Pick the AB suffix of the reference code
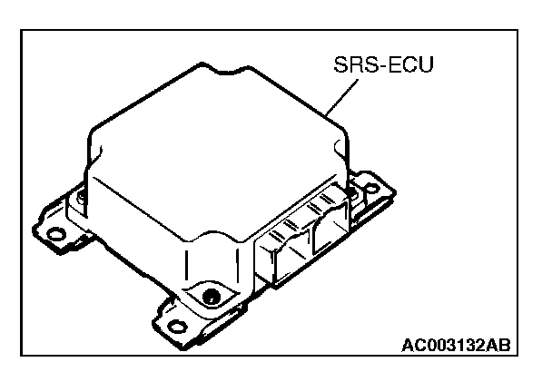(x=498, y=346)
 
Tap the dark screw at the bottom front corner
(x=211, y=296)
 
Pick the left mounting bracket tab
(x=59, y=227)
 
